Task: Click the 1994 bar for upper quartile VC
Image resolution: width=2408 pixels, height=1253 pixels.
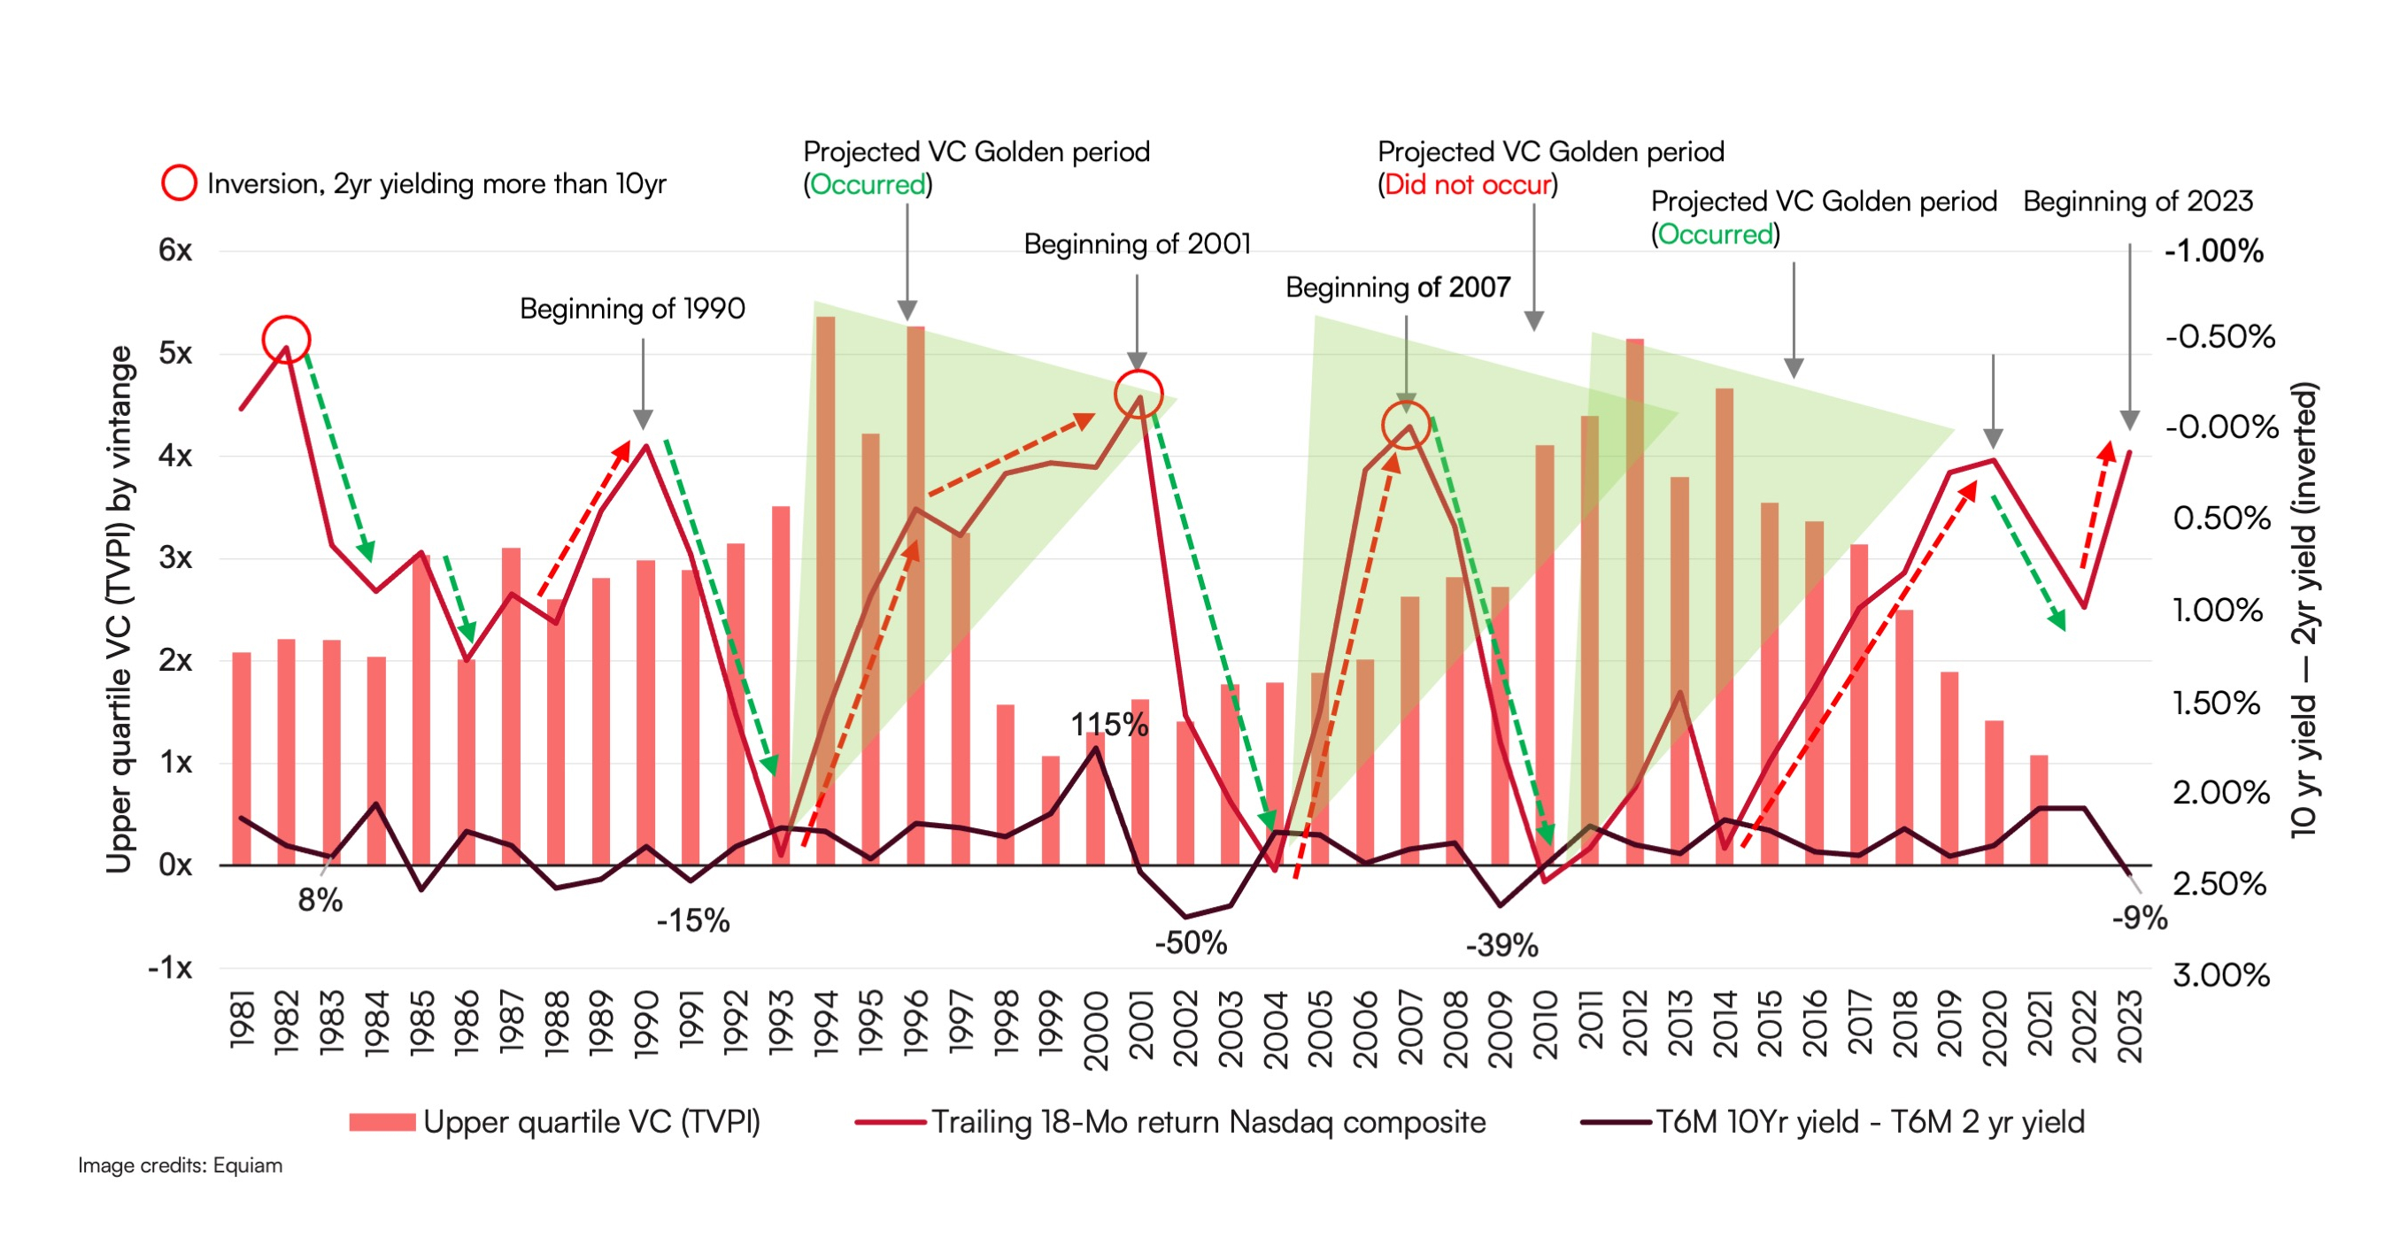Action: pos(825,588)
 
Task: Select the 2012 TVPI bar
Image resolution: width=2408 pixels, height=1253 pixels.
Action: pos(1634,598)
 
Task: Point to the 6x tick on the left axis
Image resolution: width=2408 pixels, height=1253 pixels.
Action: pos(174,250)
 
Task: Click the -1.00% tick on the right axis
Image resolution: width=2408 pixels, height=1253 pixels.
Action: pos(2214,251)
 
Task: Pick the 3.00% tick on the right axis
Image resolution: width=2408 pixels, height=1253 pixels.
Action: pos(2220,975)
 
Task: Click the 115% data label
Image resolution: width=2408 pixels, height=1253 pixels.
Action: pos(1108,724)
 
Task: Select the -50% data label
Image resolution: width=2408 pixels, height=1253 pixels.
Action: pos(1190,942)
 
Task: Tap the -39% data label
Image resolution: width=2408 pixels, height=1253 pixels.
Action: pos(1501,946)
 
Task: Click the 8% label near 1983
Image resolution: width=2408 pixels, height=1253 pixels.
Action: pos(320,901)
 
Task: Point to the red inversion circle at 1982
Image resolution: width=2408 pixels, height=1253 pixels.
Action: pos(286,339)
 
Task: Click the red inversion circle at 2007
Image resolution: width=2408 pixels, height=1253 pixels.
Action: pos(1406,425)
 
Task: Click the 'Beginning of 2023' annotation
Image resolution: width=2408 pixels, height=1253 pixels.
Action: pos(2138,202)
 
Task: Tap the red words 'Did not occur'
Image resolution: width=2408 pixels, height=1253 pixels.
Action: pos(1467,185)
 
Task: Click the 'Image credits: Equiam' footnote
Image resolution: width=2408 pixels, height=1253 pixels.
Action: pos(180,1165)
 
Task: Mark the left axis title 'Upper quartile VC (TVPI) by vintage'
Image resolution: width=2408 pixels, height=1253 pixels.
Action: pos(120,609)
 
